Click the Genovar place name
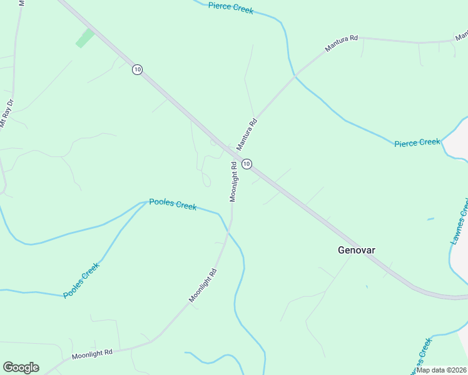(357, 250)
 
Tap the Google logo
(21, 367)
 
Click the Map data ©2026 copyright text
(441, 370)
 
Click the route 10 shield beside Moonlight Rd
(247, 164)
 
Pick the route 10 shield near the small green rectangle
(137, 69)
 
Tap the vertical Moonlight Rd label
(234, 182)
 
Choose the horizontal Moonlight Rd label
(91, 353)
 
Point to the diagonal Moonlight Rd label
(203, 285)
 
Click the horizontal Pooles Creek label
(173, 204)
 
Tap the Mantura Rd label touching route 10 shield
(247, 132)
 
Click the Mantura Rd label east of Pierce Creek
(341, 43)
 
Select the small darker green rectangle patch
(84, 38)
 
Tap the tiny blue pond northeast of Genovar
(430, 219)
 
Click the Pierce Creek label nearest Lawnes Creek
(417, 142)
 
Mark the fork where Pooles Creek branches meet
(145, 202)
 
